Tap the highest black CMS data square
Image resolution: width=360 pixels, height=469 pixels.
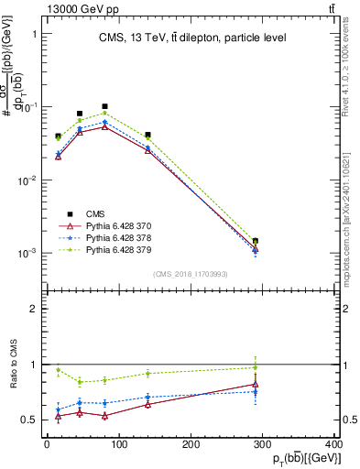[104, 106]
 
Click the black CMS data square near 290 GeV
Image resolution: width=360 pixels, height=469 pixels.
[256, 241]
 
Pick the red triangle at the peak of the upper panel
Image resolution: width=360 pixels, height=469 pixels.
[104, 126]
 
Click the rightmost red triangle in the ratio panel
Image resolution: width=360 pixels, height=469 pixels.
[256, 385]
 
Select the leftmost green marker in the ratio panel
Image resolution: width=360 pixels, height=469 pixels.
[59, 371]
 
